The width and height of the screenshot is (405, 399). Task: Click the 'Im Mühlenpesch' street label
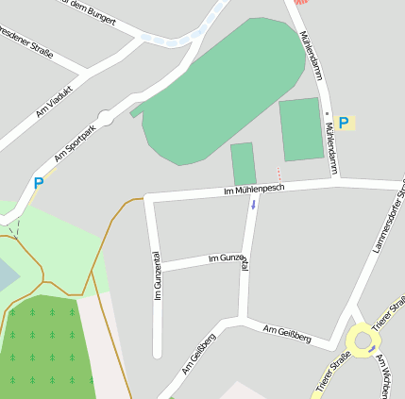[x=254, y=190]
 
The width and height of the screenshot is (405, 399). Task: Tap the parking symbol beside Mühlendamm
[x=344, y=123]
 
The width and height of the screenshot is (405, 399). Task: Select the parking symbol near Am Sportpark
[x=39, y=184]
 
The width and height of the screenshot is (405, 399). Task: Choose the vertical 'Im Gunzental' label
[x=157, y=276]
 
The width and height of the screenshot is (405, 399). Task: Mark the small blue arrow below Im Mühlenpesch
[x=253, y=204]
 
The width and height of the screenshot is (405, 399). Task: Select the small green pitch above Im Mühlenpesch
[x=244, y=163]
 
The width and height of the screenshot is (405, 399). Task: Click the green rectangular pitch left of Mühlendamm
[x=301, y=129]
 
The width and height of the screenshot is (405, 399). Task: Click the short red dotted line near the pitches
[x=278, y=174]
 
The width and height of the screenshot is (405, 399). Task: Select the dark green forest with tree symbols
[x=42, y=344]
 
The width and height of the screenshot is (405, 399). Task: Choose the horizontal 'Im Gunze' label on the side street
[x=224, y=258]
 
